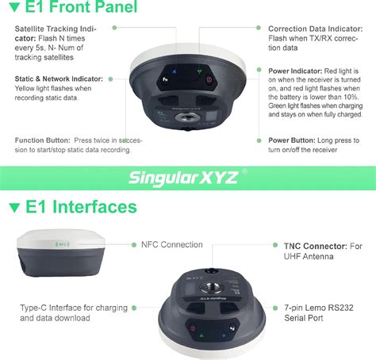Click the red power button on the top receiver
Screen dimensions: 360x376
tap(209, 79)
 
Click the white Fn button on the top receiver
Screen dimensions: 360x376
tap(165, 79)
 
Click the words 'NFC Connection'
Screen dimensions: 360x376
tap(171, 245)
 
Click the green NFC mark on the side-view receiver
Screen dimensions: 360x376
tap(59, 245)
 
